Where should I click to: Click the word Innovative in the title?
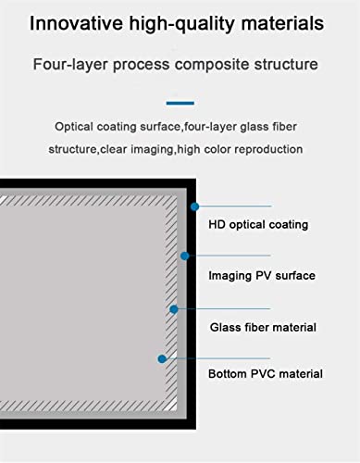tap(76, 23)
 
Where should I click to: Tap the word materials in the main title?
tap(282, 23)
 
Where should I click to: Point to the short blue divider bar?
tap(180, 103)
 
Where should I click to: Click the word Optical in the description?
tap(74, 127)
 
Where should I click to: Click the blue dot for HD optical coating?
tap(194, 206)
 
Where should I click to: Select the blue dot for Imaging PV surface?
tap(184, 256)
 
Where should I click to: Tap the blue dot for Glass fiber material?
tap(174, 309)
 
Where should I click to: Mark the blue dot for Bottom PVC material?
tap(162, 358)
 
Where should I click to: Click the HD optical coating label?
tap(258, 225)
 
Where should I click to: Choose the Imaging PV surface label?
tap(262, 276)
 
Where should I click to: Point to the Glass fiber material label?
tap(263, 327)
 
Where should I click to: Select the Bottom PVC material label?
tap(266, 374)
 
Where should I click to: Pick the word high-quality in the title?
tap(182, 24)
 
